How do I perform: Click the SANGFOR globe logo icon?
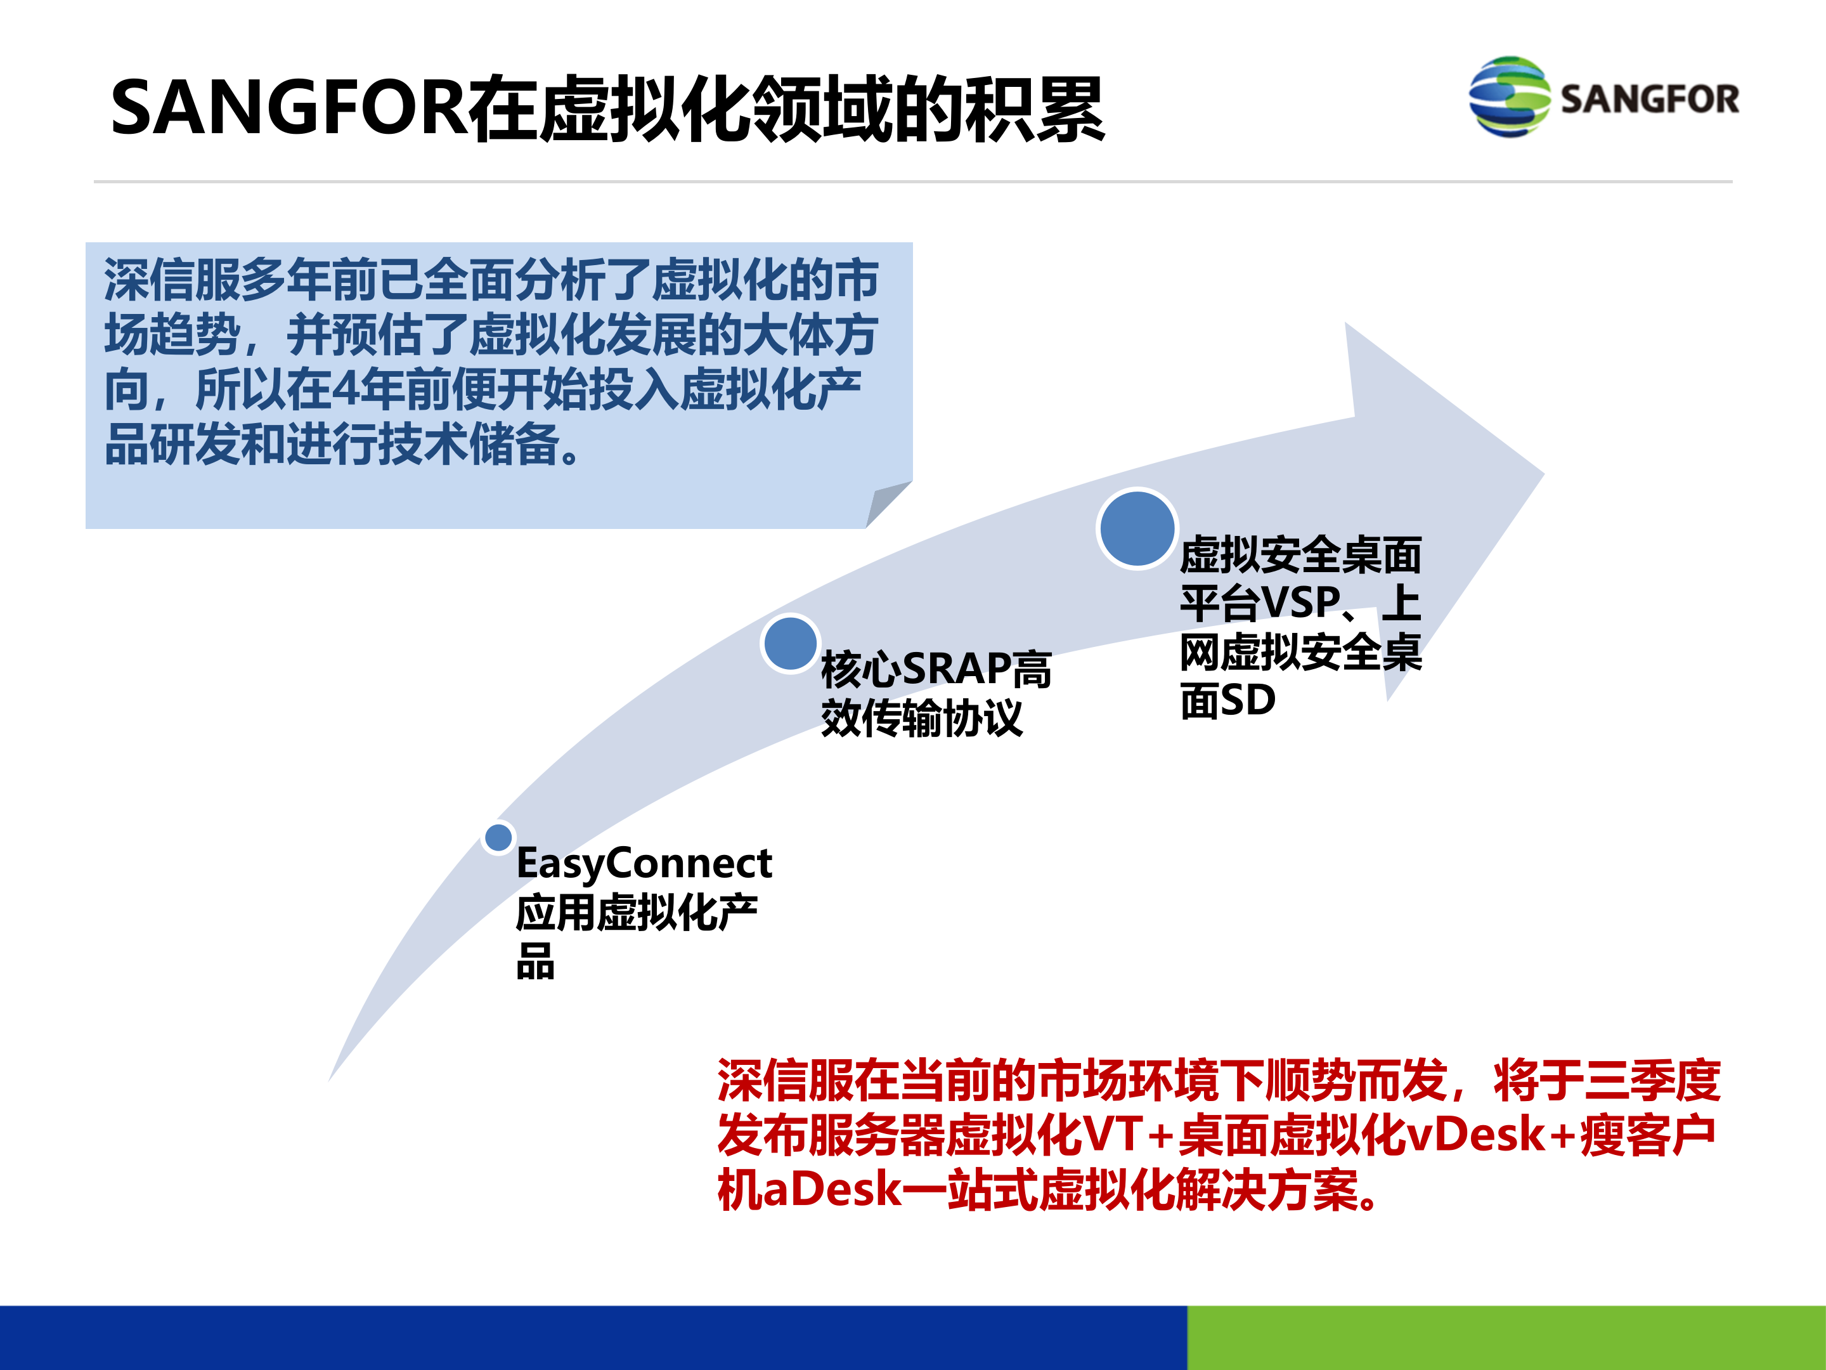pyautogui.click(x=1509, y=96)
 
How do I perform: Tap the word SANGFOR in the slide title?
pyautogui.click(x=289, y=107)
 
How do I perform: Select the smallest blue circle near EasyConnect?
pyautogui.click(x=498, y=837)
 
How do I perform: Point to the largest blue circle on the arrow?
pyautogui.click(x=1137, y=528)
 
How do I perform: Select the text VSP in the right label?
pyautogui.click(x=1301, y=602)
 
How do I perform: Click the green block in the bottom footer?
pyautogui.click(x=1506, y=1337)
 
